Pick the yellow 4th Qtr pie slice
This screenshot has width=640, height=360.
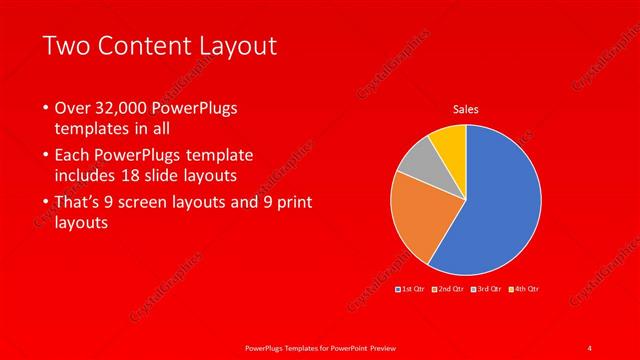pyautogui.click(x=451, y=141)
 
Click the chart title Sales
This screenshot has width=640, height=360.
pyautogui.click(x=466, y=109)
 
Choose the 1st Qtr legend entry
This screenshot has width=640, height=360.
pyautogui.click(x=413, y=289)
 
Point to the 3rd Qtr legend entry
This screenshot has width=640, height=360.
pyautogui.click(x=488, y=289)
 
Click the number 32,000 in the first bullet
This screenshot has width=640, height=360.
pyautogui.click(x=122, y=108)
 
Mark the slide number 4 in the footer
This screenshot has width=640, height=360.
pyautogui.click(x=589, y=347)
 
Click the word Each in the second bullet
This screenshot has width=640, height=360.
pyautogui.click(x=75, y=157)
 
